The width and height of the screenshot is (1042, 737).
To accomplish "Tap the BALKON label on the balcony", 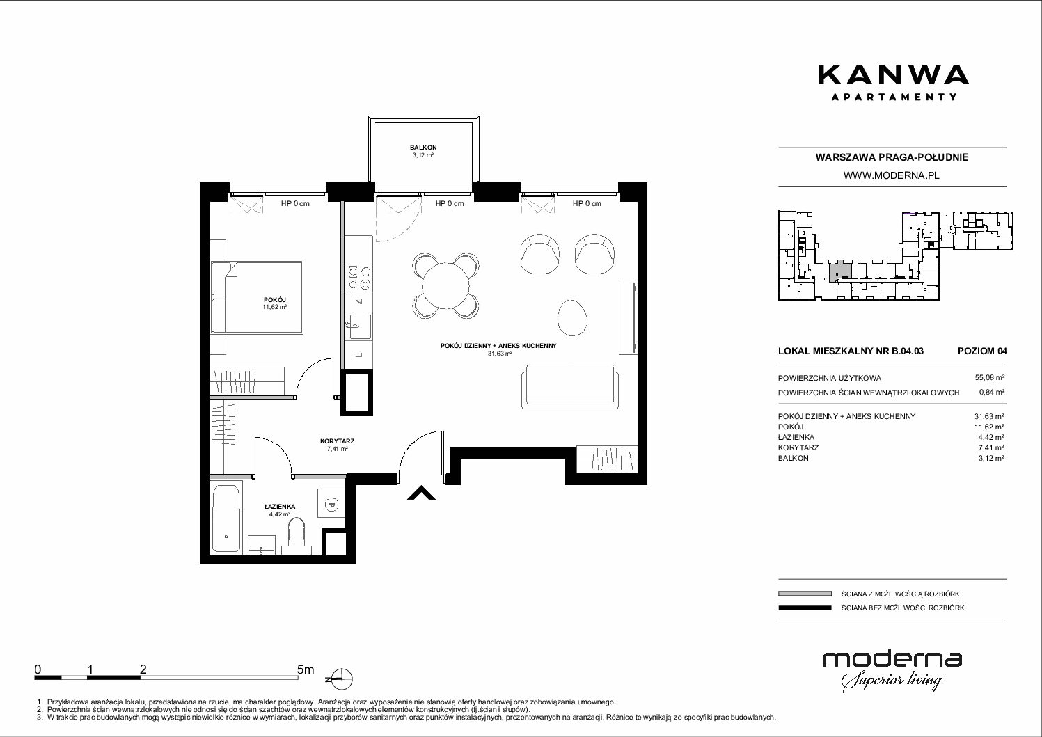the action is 423,148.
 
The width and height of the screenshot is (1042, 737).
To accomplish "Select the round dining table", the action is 445,286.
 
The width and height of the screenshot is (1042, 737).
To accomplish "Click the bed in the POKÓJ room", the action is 257,296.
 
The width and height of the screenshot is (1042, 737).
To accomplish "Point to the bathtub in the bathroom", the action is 226,518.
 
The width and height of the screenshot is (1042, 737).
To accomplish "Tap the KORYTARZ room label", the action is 338,441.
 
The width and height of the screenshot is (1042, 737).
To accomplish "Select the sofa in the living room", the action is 570,386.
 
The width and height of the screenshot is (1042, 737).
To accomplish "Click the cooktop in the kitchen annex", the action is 358,278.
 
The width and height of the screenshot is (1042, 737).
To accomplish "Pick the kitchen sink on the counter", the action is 358,326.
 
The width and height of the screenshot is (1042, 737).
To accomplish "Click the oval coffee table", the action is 572,317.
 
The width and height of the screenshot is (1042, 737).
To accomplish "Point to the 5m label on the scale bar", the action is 306,669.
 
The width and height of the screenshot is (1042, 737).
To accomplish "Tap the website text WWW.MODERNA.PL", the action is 891,175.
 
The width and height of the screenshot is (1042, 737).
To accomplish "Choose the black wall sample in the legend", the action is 805,608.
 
